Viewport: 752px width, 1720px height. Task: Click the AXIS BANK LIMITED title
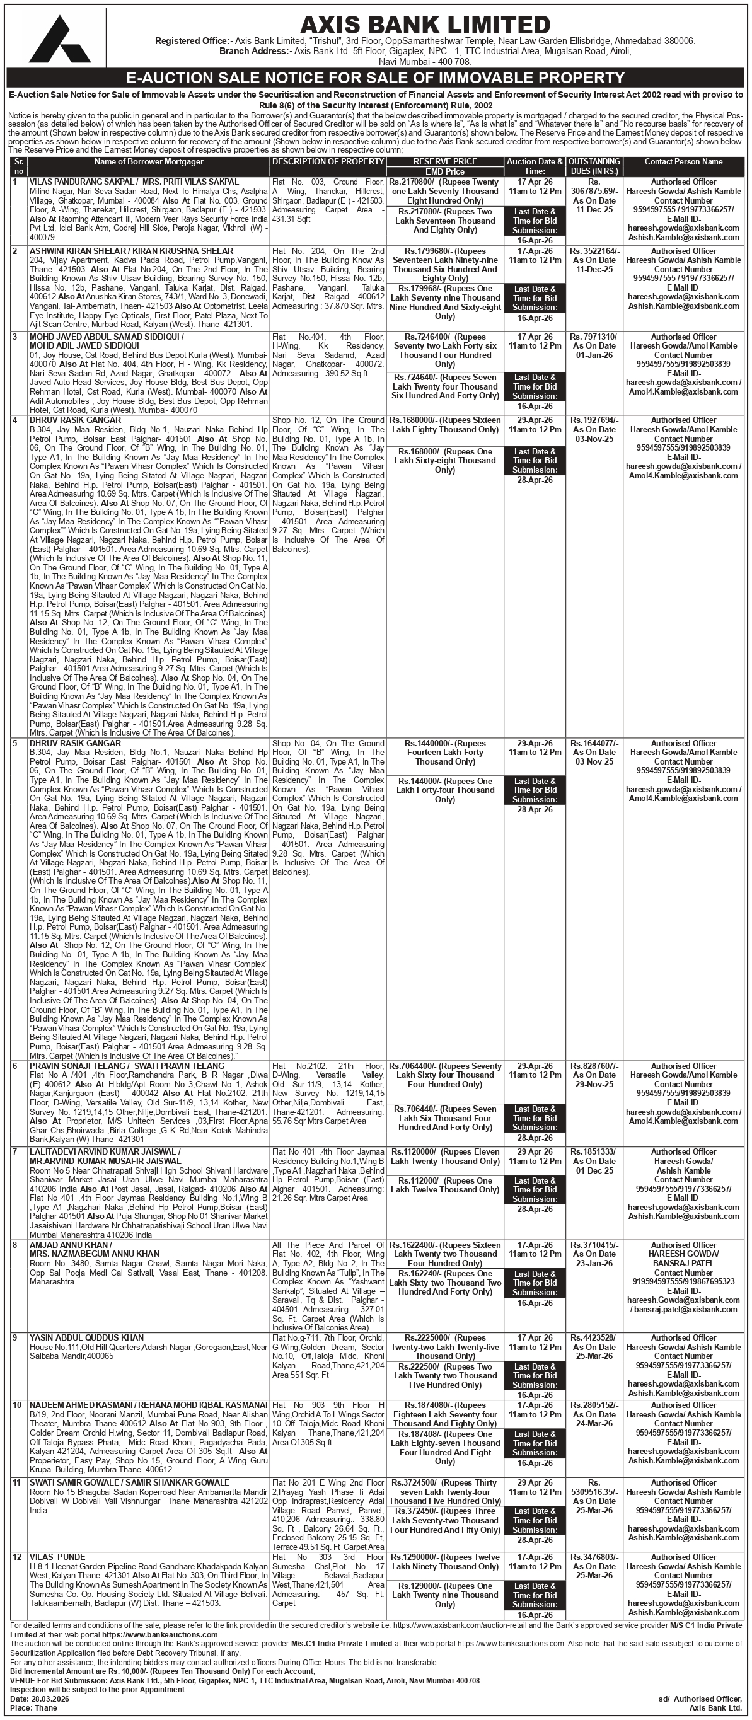point(425,25)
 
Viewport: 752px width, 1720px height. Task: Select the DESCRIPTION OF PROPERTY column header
point(328,161)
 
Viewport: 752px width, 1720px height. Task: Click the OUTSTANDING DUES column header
point(594,166)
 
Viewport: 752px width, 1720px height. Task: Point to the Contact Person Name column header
point(683,161)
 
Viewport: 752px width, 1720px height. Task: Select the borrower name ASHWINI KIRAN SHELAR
point(67,251)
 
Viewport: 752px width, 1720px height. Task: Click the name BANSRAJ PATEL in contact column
point(683,1263)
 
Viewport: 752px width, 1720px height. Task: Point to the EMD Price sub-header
point(445,171)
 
